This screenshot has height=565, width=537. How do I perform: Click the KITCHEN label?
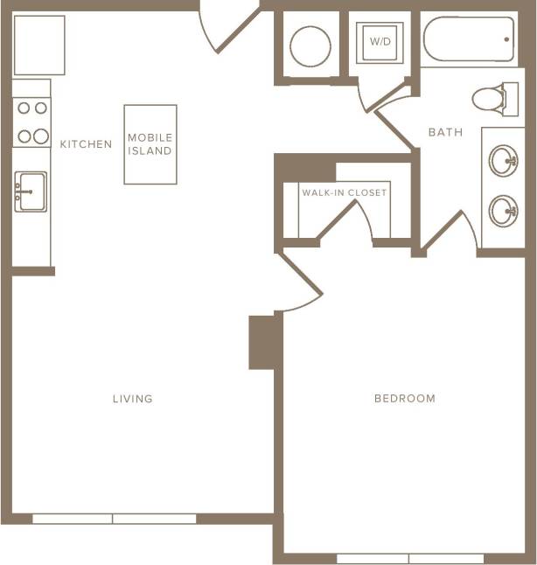tap(86, 144)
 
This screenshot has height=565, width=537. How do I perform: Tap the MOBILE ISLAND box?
tap(150, 144)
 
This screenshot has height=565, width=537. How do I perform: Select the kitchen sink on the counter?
tap(31, 190)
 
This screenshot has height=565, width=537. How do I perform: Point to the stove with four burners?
tap(31, 122)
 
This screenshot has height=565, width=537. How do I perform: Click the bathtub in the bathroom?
tap(467, 39)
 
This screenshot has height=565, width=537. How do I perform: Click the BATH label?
tap(445, 132)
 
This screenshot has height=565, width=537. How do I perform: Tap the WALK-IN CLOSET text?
tap(344, 192)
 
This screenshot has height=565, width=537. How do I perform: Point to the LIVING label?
tap(132, 399)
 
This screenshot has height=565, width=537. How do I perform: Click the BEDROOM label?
tap(404, 399)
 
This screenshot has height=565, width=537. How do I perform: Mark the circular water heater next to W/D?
tap(310, 45)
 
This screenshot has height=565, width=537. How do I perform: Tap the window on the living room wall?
tap(114, 519)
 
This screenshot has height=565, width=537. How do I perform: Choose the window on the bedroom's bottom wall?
tap(409, 558)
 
